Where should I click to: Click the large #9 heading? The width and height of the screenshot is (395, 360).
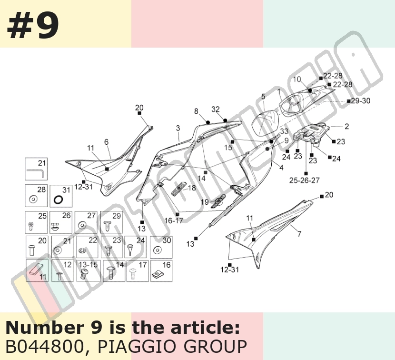coord(33,26)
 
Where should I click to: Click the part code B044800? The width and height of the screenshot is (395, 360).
coord(45,346)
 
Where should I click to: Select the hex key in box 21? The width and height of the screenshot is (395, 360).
coord(36,173)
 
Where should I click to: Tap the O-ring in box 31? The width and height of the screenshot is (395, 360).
coord(59,200)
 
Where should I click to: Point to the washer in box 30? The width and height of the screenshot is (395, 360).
coord(158,250)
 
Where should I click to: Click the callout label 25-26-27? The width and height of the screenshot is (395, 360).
coord(304,180)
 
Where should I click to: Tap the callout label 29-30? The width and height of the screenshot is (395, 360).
coord(361,101)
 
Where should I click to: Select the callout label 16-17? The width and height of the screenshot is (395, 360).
coord(174,221)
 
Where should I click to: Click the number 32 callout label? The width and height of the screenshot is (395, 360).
coord(216,109)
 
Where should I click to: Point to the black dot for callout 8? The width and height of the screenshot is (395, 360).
coord(208,122)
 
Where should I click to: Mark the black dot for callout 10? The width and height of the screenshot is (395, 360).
coord(310,90)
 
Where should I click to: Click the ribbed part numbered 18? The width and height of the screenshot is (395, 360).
coord(178,189)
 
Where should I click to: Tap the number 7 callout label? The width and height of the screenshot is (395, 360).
coord(299,234)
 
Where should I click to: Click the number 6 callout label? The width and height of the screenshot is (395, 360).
coord(106,142)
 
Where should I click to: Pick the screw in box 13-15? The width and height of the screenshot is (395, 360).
coord(84,273)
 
